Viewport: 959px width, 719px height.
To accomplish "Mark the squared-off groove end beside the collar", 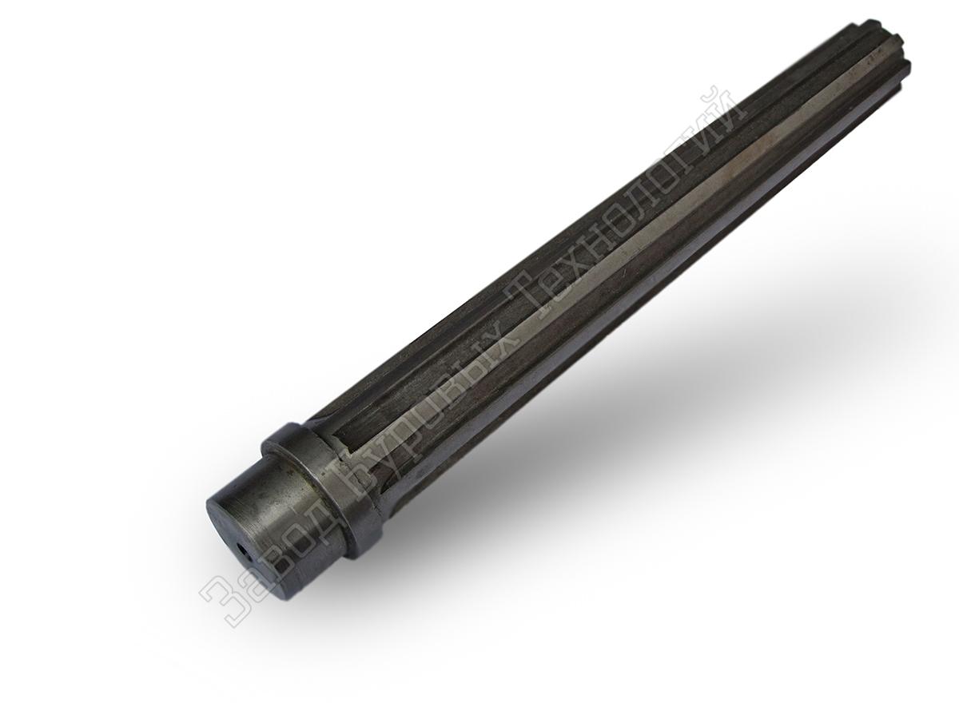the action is click(339, 441).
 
